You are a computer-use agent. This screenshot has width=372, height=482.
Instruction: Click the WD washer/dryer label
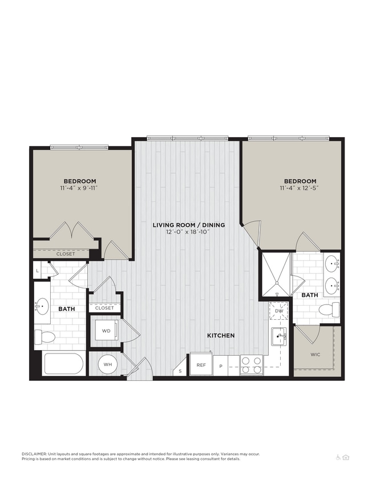click(106, 331)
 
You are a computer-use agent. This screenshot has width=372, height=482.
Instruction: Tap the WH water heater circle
click(108, 364)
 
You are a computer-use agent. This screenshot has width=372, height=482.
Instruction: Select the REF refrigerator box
click(201, 364)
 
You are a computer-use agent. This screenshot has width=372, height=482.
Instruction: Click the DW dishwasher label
click(279, 312)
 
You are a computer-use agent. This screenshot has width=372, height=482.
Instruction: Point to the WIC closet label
click(316, 354)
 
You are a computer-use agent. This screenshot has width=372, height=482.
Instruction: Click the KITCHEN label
click(221, 335)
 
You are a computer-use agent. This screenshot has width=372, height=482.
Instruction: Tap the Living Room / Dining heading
click(189, 225)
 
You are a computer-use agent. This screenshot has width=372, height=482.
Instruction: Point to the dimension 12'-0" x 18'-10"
click(189, 232)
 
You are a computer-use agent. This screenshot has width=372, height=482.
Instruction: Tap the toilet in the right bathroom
click(329, 310)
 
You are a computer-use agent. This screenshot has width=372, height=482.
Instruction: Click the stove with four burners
click(251, 365)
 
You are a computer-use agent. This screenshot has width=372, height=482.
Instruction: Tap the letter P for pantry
click(221, 365)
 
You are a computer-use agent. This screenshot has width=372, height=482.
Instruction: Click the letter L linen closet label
click(37, 270)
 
